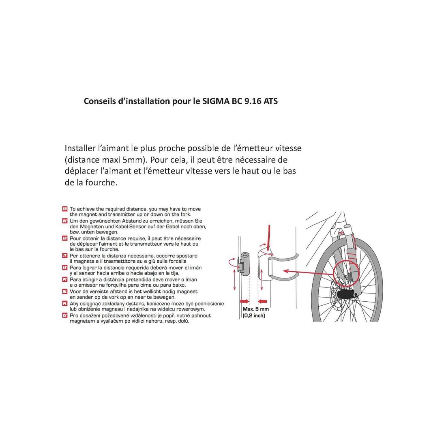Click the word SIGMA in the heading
pyautogui.click(x=214, y=101)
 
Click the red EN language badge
pyautogui.click(x=65, y=209)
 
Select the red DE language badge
pyautogui.click(x=65, y=221)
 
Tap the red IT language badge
pyautogui.click(x=65, y=256)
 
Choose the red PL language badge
pyautogui.click(x=65, y=304)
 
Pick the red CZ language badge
pyautogui.click(x=65, y=316)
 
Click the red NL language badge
pyautogui.click(x=65, y=292)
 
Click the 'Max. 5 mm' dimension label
pyautogui.click(x=255, y=309)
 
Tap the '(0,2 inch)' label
pyautogui.click(x=254, y=315)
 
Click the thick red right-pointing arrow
pyautogui.click(x=244, y=301)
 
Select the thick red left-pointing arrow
pyautogui.click(x=263, y=301)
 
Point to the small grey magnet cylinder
pyautogui.click(x=245, y=264)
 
